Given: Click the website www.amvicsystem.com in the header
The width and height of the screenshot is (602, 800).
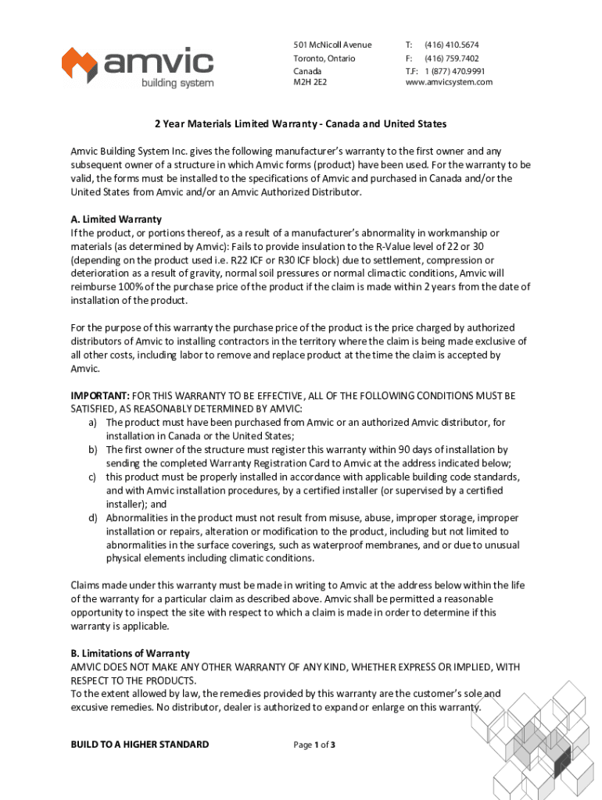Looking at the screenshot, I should tap(449, 82).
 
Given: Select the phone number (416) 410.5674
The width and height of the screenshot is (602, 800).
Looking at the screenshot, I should tap(452, 45).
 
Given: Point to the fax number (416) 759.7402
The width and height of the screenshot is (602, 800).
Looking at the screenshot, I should tap(452, 59).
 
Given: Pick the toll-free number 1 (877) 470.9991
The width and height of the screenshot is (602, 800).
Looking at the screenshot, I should tap(455, 71).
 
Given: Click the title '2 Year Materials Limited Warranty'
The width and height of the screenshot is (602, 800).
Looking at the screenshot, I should tap(300, 124).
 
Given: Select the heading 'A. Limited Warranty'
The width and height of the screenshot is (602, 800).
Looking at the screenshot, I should tap(116, 220).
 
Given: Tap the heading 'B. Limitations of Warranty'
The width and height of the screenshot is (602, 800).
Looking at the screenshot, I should tap(130, 653).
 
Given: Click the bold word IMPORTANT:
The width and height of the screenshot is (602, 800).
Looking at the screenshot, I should tap(100, 396).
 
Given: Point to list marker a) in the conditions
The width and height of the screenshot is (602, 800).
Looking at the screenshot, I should tap(92, 423).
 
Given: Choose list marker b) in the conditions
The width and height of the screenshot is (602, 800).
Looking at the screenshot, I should tap(92, 450).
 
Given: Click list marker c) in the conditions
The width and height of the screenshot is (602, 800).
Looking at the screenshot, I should tap(92, 477).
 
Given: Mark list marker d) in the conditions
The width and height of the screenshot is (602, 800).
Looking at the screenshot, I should tap(92, 518).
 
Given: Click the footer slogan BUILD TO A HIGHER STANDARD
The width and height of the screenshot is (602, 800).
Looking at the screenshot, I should tap(140, 745).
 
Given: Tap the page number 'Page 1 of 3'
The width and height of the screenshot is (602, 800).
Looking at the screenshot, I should tap(314, 745).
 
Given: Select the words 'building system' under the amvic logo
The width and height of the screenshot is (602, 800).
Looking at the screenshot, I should tap(177, 83).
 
